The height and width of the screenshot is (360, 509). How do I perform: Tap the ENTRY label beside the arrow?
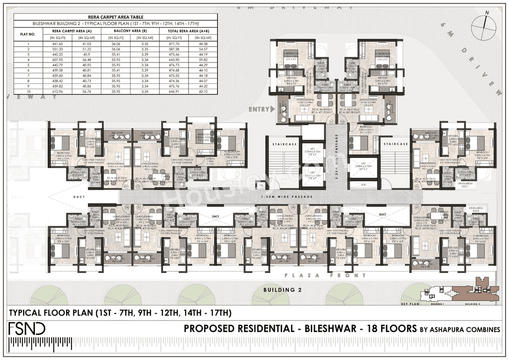(x=259, y=109)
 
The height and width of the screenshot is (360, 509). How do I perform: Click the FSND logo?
(x=27, y=329)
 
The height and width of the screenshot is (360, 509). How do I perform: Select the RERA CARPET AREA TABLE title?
(x=116, y=17)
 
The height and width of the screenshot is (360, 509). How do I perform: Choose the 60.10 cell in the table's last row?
(x=203, y=91)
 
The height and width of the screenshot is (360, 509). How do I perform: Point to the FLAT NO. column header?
(x=27, y=34)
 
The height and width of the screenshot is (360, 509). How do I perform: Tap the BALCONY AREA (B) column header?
(x=130, y=31)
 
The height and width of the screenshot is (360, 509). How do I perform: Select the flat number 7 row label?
(x=27, y=75)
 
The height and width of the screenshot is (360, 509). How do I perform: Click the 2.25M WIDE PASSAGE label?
(x=336, y=157)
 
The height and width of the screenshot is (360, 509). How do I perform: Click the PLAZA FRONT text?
(x=325, y=275)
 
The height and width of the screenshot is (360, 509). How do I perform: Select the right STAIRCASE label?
(x=396, y=144)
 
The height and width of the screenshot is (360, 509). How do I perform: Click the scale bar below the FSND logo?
(x=87, y=343)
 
